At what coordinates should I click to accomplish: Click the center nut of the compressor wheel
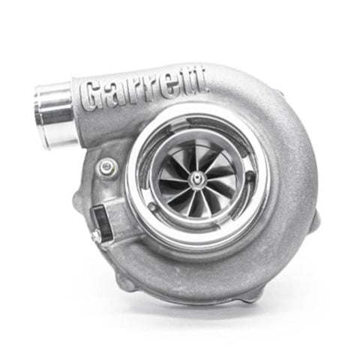[x=197, y=178]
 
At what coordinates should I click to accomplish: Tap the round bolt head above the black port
[x=106, y=166]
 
